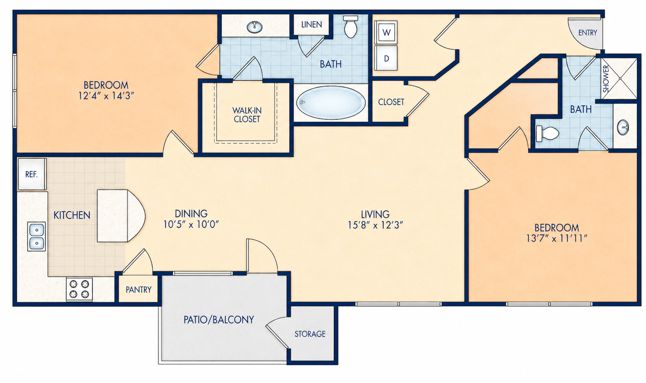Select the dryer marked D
click(x=386, y=58)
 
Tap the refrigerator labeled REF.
click(x=32, y=174)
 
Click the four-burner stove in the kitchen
click(x=79, y=289)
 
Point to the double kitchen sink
click(x=36, y=236)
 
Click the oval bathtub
click(x=331, y=103)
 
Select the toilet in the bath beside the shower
click(x=547, y=133)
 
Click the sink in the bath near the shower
click(x=623, y=127)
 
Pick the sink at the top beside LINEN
click(x=255, y=27)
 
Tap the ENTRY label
click(x=588, y=33)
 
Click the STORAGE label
click(x=310, y=334)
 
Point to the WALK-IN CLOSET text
click(x=247, y=115)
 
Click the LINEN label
click(x=312, y=25)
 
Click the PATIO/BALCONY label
click(x=219, y=320)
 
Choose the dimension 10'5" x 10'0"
click(x=191, y=224)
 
